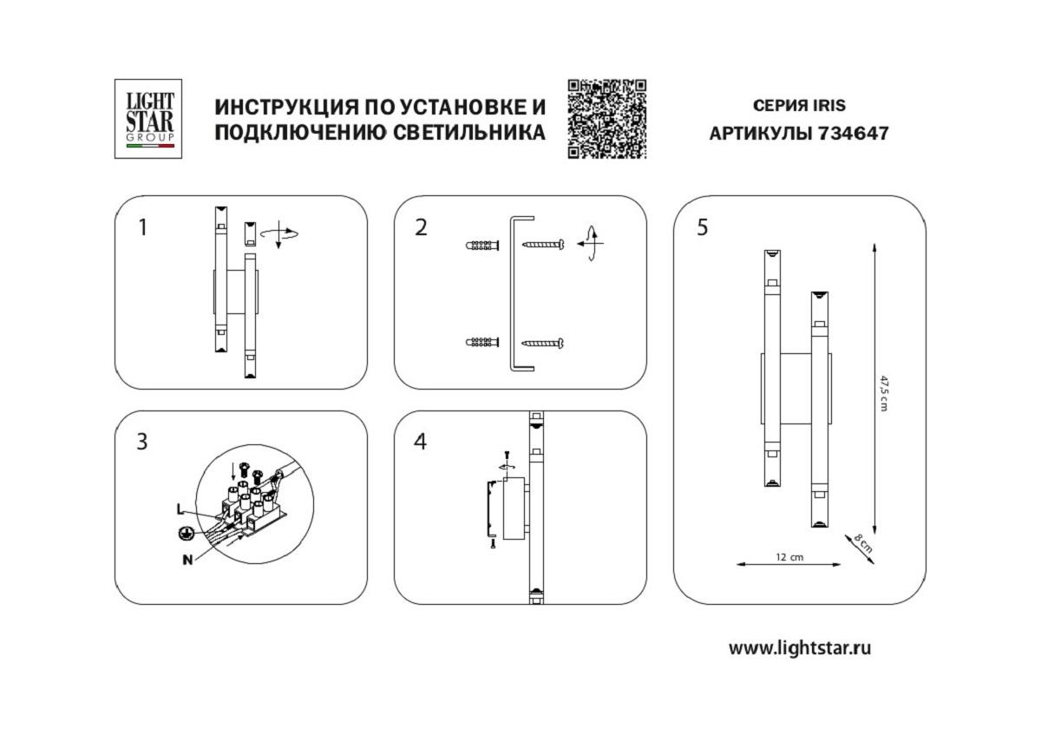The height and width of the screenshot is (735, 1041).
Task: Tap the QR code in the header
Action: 607,119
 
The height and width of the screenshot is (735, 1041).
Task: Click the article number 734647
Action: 854,135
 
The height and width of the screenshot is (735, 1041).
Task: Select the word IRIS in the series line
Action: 828,106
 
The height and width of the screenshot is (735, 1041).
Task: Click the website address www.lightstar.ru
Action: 799,647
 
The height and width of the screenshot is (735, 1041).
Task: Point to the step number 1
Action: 143,228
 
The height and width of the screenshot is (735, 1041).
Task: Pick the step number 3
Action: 142,442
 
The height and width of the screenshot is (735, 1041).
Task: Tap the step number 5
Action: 702,228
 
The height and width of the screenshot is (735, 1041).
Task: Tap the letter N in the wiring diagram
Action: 187,559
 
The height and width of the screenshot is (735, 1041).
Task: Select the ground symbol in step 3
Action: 184,534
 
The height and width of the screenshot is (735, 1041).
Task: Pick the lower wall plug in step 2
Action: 483,343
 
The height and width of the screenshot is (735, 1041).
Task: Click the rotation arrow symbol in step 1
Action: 281,233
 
